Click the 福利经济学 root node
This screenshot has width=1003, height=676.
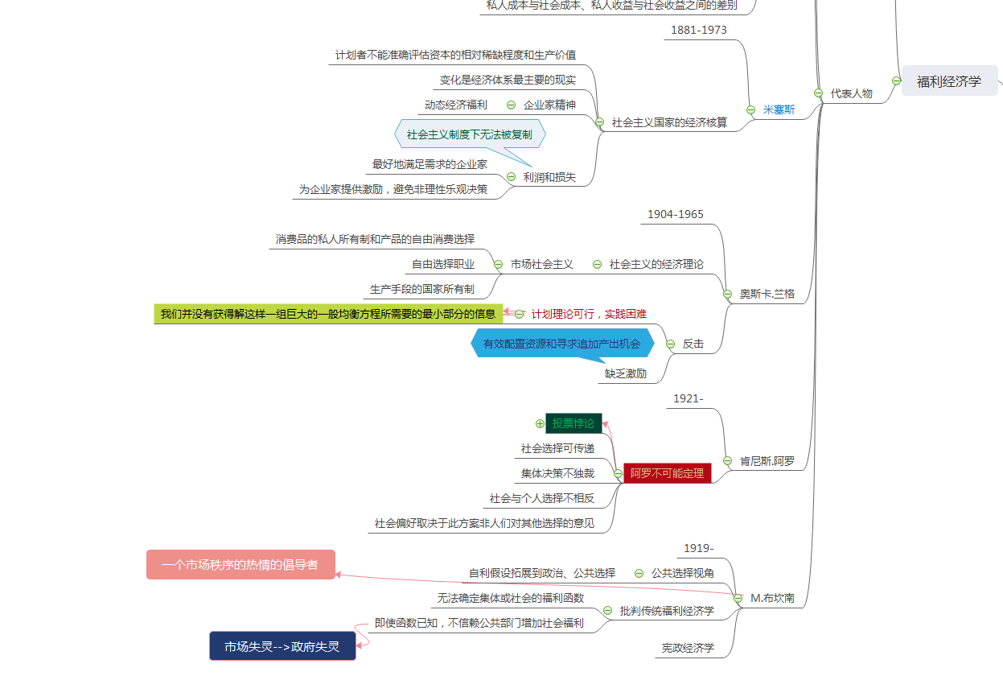[949, 81]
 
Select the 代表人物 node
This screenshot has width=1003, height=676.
[851, 93]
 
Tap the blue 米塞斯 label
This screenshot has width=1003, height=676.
[779, 109]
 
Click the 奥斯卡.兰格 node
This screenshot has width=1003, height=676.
[767, 294]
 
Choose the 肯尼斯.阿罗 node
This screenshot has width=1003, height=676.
[767, 461]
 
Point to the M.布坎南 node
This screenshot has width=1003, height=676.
[772, 598]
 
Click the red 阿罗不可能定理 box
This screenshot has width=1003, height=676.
[667, 473]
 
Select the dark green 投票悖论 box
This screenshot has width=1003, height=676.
[573, 423]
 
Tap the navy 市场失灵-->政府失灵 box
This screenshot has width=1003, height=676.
[282, 646]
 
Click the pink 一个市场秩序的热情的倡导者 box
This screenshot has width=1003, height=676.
[240, 565]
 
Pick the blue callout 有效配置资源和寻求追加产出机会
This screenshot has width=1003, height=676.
[562, 344]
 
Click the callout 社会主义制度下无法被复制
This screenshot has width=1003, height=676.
[470, 134]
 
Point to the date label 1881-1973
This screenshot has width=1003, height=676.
[699, 30]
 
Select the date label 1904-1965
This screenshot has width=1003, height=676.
[676, 214]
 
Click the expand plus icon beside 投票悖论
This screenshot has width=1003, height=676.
[540, 423]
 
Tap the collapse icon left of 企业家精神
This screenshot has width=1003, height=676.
[512, 105]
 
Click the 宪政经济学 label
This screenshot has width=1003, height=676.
[688, 648]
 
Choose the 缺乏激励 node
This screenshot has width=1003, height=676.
[626, 373]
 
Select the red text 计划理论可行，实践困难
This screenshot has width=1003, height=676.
[589, 314]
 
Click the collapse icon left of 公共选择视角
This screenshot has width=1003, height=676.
[639, 573]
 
